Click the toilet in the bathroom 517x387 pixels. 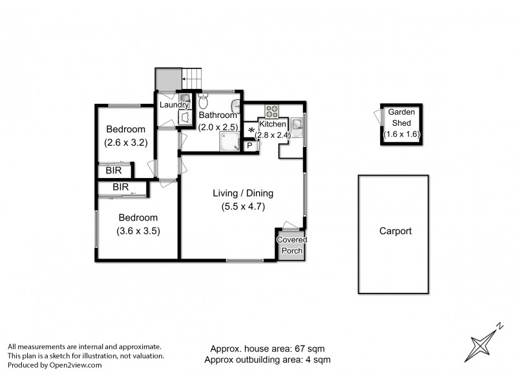[x=204, y=101]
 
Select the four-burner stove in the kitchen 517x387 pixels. [x=271, y=111]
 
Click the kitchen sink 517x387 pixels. [x=296, y=124]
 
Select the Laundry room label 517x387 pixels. [x=175, y=105]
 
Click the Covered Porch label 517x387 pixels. [x=292, y=245]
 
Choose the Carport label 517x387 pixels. [x=395, y=231]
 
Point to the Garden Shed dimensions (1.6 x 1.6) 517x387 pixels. [x=401, y=134]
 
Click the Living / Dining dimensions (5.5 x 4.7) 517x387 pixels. [x=244, y=207]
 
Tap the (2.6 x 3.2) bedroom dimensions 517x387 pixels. [x=126, y=141]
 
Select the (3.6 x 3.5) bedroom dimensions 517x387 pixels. [x=138, y=230]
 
